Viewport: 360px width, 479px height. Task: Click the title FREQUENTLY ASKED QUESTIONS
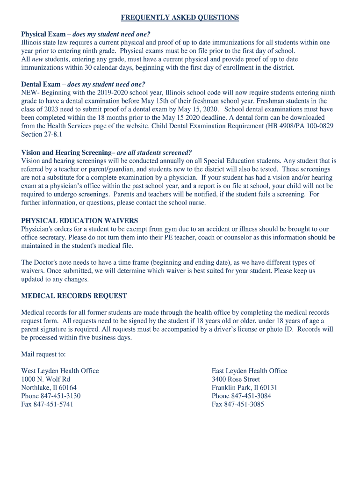pos(180,18)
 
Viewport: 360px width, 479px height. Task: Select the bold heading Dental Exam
pos(41,84)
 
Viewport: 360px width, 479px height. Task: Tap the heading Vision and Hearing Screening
pos(67,152)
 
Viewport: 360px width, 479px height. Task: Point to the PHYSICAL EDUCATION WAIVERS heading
pos(79,221)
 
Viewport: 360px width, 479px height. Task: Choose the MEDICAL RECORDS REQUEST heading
pos(74,296)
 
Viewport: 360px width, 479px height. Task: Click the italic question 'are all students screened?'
pos(154,152)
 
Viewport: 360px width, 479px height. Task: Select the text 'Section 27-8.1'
pos(42,135)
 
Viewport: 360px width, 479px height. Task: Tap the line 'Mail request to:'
pos(43,354)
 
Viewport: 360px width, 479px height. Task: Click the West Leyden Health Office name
pos(60,371)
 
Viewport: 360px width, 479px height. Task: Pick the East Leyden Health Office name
pos(249,371)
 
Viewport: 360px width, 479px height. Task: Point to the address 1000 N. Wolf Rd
pos(45,379)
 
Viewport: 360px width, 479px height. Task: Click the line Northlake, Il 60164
pos(49,388)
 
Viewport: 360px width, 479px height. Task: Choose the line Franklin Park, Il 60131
pos(245,388)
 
